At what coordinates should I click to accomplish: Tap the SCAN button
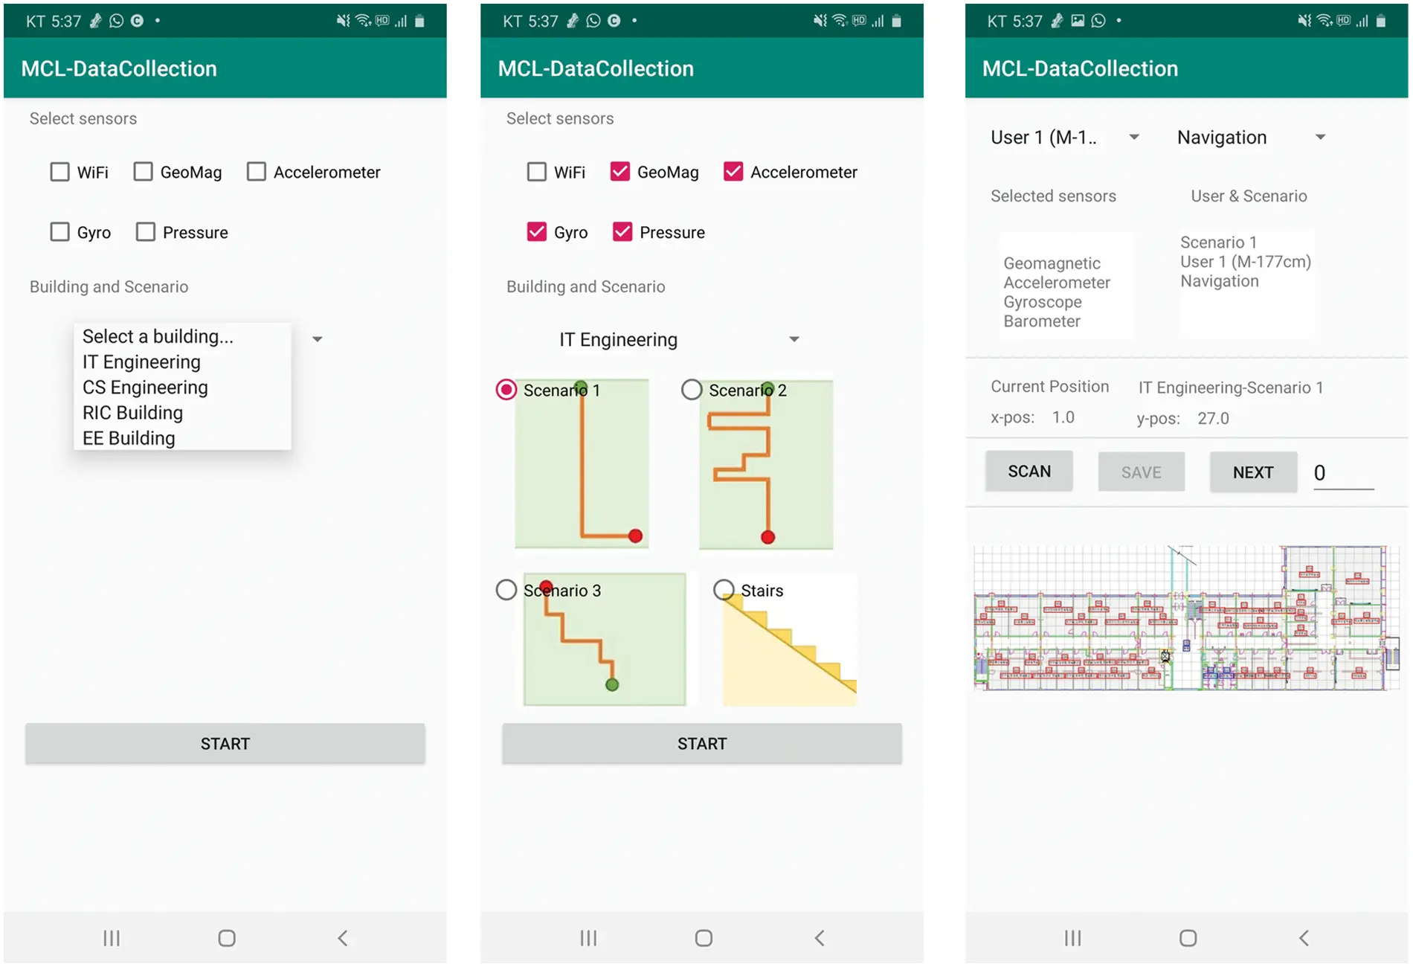point(1029,472)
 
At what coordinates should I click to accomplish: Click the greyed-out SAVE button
point(1141,472)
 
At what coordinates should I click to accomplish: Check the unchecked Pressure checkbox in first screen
point(146,232)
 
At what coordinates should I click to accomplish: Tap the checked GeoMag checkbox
point(620,172)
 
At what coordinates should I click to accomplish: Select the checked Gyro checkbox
point(536,232)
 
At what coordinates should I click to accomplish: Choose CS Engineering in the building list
point(145,388)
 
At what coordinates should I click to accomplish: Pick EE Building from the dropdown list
point(129,438)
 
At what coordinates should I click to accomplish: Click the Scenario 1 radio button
point(506,390)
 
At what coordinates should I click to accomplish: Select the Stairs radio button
point(724,590)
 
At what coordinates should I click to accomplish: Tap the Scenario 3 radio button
point(506,590)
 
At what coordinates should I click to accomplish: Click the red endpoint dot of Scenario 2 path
point(768,537)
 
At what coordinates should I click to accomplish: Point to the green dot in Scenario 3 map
point(612,684)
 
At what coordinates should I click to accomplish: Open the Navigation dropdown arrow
point(1320,137)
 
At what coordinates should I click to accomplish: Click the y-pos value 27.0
point(1213,418)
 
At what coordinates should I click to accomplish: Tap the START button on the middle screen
point(701,744)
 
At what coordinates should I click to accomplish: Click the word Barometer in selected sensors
point(1041,321)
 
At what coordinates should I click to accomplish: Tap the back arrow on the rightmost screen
point(1304,938)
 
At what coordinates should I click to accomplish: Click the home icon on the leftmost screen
point(227,938)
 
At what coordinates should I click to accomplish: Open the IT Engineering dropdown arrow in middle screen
point(794,339)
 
